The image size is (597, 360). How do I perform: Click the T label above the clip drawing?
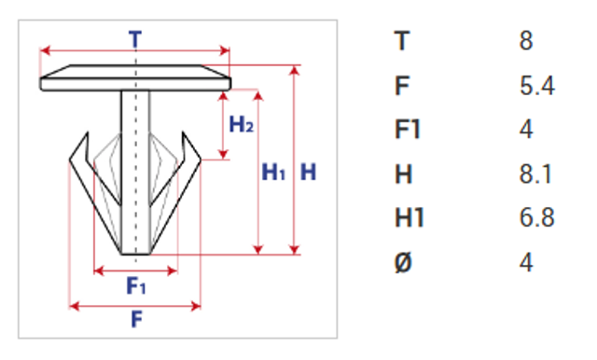[x=135, y=39]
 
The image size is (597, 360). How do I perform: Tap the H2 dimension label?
[x=242, y=124]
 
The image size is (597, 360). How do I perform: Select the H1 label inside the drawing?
[x=273, y=172]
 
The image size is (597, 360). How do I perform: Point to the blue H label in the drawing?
[x=309, y=172]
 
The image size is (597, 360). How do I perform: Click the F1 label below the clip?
[x=136, y=285]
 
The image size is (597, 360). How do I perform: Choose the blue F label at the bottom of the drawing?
[x=137, y=319]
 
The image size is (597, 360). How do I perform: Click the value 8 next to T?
[x=526, y=41]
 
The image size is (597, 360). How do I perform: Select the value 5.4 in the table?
[x=537, y=86]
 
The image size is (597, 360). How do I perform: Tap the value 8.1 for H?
[x=535, y=174]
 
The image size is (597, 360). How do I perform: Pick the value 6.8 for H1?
[x=536, y=218]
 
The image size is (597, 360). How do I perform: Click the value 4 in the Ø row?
[x=526, y=263]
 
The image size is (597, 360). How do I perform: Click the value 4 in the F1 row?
[x=526, y=130]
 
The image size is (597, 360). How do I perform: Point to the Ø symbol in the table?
[x=403, y=263]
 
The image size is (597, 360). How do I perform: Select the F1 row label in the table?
[x=408, y=130]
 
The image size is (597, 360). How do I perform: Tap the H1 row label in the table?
[x=410, y=218]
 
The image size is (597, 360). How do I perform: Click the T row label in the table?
[x=402, y=41]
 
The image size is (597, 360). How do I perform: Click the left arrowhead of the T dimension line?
[x=45, y=50]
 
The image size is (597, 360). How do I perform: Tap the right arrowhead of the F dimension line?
[x=196, y=306]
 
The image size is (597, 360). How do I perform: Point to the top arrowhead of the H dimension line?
[x=294, y=70]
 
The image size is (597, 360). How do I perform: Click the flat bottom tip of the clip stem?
[x=135, y=254]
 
